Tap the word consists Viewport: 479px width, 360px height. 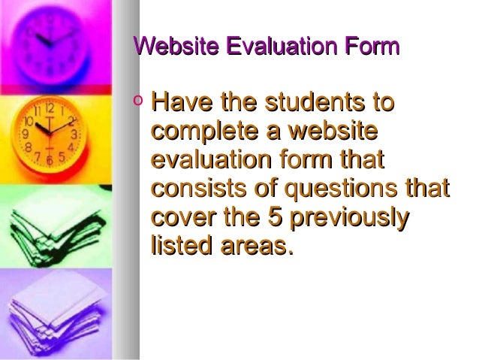200,189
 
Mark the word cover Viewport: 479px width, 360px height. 182,217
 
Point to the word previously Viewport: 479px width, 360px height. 350,217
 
